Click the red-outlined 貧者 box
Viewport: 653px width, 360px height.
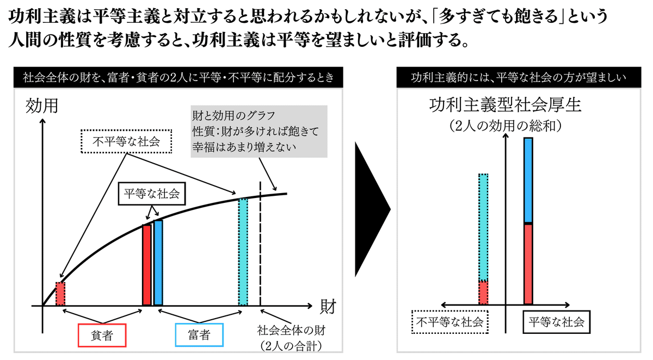click(x=102, y=335)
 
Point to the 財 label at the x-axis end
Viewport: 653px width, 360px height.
click(x=327, y=305)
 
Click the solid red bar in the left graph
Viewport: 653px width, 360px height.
click(x=146, y=265)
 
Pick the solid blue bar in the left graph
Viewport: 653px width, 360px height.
click(x=158, y=263)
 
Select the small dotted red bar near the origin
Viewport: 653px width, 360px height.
click(x=60, y=294)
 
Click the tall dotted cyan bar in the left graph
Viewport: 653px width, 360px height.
click(x=243, y=252)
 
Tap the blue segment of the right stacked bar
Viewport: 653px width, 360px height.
click(x=528, y=181)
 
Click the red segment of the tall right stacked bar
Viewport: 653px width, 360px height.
click(x=528, y=264)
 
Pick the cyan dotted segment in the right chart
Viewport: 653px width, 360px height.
click(x=483, y=227)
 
